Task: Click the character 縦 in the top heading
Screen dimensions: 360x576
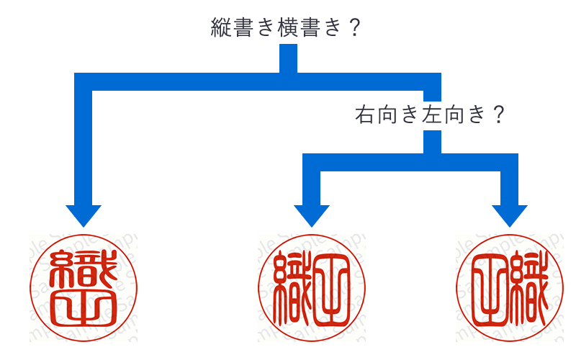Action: tap(220, 28)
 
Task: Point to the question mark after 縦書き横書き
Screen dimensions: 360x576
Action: tap(352, 28)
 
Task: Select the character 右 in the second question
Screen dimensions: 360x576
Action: tap(365, 114)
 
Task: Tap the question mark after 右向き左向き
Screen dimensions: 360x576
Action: tap(495, 114)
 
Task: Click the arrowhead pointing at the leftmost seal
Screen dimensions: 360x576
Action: tap(84, 215)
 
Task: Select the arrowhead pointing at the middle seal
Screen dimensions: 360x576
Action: tap(312, 215)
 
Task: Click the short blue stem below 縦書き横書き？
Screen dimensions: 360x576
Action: tap(288, 58)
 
